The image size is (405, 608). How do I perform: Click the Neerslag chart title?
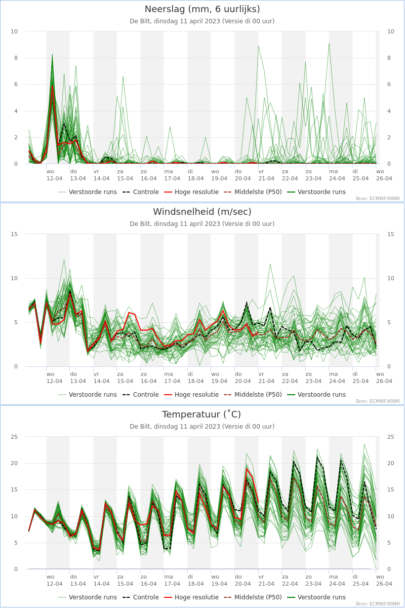click(x=202, y=9)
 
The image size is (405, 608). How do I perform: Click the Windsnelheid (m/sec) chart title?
click(x=202, y=212)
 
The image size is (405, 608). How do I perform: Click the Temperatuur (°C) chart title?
click(x=201, y=414)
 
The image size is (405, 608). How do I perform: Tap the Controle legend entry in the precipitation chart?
click(x=141, y=192)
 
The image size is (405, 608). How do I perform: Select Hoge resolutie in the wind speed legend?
click(x=191, y=394)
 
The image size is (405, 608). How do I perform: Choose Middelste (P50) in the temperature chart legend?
click(x=253, y=597)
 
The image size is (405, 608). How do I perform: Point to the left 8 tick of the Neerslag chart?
click(x=16, y=58)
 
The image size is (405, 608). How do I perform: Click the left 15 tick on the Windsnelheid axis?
click(x=14, y=234)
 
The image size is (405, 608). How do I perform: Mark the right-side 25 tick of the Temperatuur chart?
click(x=391, y=437)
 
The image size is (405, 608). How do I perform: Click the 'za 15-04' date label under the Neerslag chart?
click(x=125, y=175)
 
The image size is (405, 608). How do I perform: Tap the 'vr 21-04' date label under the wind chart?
click(x=266, y=377)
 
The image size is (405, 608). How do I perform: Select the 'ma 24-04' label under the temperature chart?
click(x=337, y=580)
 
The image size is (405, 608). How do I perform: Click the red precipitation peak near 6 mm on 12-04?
click(x=52, y=86)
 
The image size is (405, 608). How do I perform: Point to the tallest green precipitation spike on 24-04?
click(x=329, y=44)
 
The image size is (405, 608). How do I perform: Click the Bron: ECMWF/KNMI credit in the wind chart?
click(x=378, y=401)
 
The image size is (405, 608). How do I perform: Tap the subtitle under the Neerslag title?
click(x=202, y=21)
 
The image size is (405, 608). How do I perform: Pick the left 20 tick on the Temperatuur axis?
click(x=14, y=463)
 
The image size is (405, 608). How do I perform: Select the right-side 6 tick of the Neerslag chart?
click(x=389, y=85)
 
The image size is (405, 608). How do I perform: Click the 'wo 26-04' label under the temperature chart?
click(x=384, y=580)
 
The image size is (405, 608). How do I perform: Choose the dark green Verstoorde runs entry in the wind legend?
click(x=316, y=394)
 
